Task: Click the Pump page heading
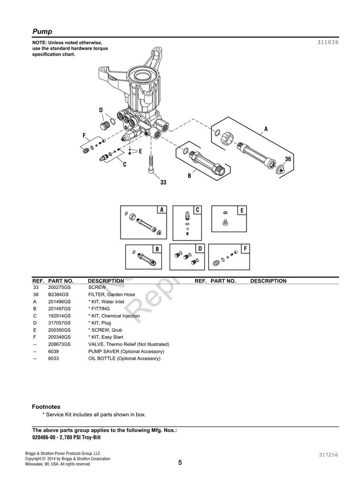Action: (x=42, y=31)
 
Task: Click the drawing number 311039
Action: (x=327, y=42)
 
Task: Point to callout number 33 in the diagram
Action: (x=163, y=182)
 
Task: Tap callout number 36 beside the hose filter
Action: (x=288, y=159)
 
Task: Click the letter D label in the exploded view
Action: (x=101, y=110)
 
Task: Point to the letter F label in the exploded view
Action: (x=84, y=135)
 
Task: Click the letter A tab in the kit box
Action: (x=162, y=210)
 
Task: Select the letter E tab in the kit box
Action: (x=242, y=210)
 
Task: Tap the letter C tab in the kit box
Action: (x=197, y=210)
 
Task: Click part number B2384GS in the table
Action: (x=58, y=295)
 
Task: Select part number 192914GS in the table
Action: (x=59, y=316)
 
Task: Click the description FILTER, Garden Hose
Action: (x=112, y=295)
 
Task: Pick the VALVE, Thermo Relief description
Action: (x=128, y=344)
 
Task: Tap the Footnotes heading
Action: (x=46, y=407)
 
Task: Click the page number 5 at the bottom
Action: (x=180, y=463)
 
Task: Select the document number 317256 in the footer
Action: (x=327, y=455)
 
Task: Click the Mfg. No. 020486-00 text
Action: (x=47, y=437)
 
